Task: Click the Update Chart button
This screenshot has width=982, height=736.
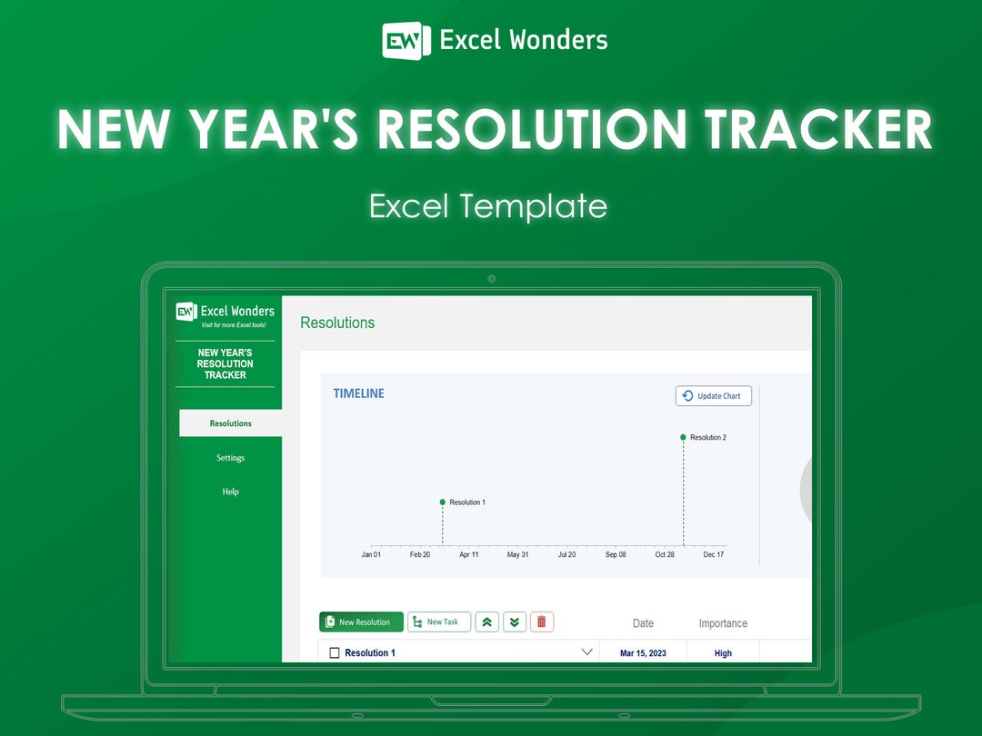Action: (713, 396)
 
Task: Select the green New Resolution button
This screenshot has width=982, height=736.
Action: (361, 622)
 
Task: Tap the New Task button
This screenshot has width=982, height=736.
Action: (439, 622)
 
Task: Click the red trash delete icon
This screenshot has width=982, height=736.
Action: (542, 622)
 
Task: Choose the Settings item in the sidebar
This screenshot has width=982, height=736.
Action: (230, 458)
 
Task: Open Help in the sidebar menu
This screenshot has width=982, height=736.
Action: (230, 492)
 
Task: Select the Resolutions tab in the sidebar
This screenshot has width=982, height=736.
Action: (230, 423)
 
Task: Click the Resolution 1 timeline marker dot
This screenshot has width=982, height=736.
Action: (443, 502)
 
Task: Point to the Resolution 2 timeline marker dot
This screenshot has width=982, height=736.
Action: (683, 437)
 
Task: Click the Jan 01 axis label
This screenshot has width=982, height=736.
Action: (371, 554)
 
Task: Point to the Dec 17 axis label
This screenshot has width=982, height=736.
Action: (714, 554)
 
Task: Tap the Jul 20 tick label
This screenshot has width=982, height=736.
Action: (566, 554)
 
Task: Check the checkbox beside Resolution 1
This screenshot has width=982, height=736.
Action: (334, 653)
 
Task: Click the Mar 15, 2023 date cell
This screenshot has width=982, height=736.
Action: (643, 653)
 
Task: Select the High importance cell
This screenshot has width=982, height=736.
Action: (723, 653)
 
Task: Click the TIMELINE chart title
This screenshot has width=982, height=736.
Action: (358, 393)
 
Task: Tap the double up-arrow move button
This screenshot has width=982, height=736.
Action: (486, 622)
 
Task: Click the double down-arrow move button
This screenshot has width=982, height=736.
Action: (515, 622)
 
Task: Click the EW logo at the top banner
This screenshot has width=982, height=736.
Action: (406, 40)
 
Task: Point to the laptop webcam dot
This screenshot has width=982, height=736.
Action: (491, 279)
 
